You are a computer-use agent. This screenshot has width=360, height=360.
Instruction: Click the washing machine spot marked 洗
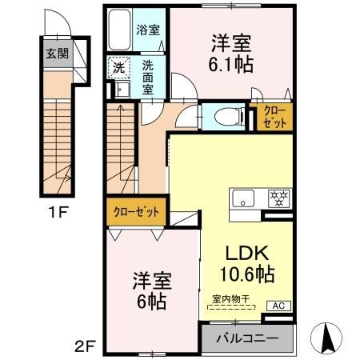click(118, 67)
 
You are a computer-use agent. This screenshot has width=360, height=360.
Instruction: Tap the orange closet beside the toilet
click(272, 117)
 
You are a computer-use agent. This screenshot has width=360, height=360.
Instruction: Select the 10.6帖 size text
click(246, 274)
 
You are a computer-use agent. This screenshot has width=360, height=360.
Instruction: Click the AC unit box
click(278, 306)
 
